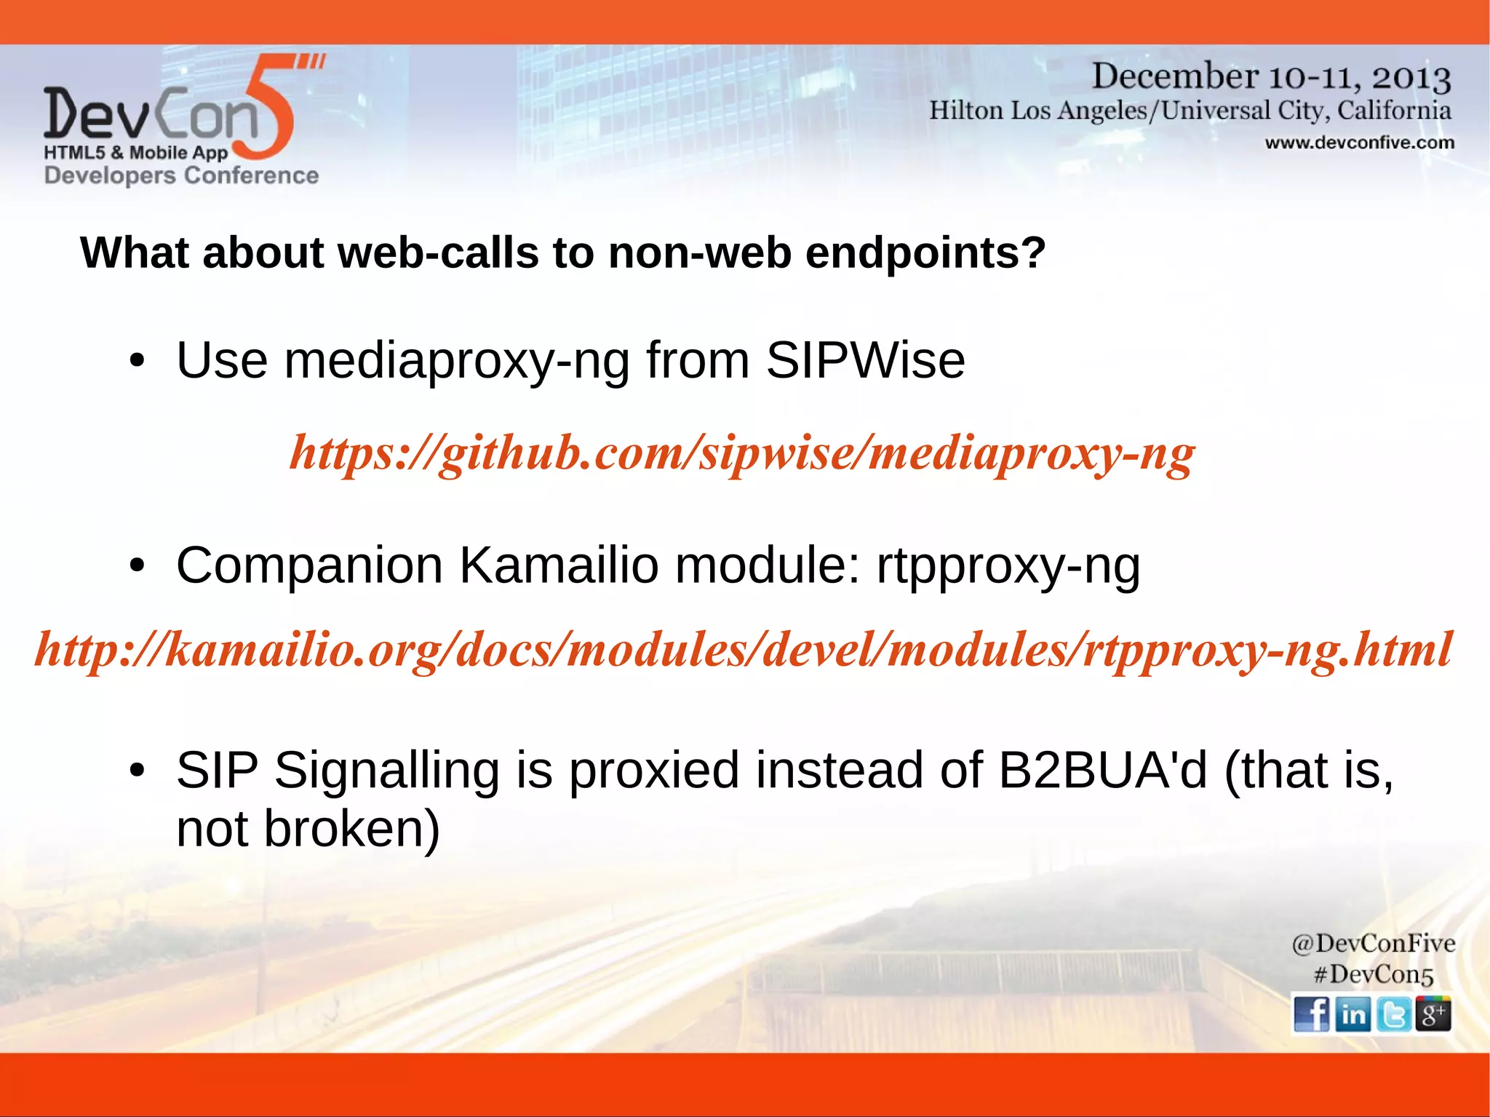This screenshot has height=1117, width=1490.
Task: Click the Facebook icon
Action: click(1312, 1014)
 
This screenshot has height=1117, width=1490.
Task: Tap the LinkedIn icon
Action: click(1352, 1014)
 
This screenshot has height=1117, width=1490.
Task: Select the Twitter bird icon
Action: click(1393, 1014)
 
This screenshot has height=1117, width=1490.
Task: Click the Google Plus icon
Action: click(1433, 1014)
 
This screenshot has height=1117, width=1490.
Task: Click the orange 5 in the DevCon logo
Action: click(268, 109)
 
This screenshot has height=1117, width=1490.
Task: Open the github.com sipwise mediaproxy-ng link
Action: click(741, 453)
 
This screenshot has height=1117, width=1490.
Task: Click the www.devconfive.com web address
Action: click(1359, 143)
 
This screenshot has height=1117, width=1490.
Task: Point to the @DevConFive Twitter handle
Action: click(1373, 944)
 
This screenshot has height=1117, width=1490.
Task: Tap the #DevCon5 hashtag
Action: click(1373, 974)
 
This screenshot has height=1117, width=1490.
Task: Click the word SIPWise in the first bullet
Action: click(865, 360)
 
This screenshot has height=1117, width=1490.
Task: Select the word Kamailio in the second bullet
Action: click(559, 565)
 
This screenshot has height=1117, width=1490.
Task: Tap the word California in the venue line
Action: click(1394, 111)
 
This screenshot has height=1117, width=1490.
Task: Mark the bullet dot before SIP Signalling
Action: click(138, 771)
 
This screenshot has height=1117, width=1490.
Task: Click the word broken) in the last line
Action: click(351, 829)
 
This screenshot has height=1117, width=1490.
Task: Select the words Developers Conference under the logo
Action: click(181, 175)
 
